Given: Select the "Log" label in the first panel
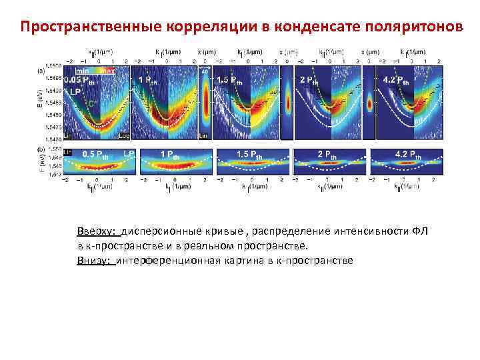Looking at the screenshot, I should [x=124, y=134].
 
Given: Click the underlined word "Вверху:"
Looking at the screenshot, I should [x=97, y=231].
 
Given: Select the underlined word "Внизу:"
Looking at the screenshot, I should [x=95, y=259].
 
